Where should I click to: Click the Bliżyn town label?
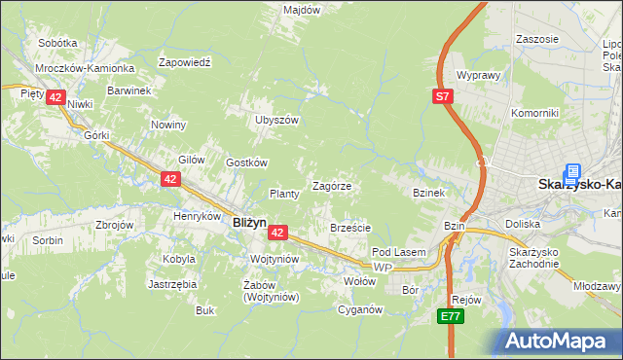tap(249, 222)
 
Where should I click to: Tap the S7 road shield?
tap(443, 96)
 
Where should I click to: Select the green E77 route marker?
tap(450, 316)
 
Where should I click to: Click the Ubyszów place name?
tap(275, 120)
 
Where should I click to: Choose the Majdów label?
tap(301, 10)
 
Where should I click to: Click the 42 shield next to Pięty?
tap(55, 97)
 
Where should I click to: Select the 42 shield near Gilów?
tap(171, 178)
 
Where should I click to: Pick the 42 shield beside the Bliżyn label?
tap(278, 233)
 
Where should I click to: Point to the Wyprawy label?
tap(478, 75)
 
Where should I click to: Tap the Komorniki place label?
tap(535, 113)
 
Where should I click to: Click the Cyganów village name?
tap(359, 310)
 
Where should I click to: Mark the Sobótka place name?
tap(57, 44)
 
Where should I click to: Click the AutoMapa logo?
tap(561, 341)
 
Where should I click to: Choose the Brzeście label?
tap(349, 228)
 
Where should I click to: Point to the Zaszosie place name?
tap(538, 39)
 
